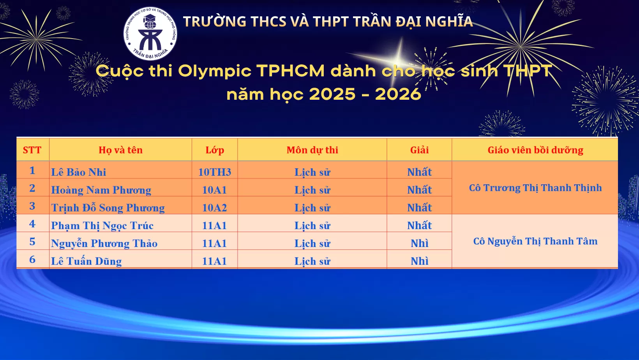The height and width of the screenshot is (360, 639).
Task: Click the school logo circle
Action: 150,34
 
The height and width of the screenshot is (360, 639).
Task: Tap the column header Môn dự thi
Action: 312,150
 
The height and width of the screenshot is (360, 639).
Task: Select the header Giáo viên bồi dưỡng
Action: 535,150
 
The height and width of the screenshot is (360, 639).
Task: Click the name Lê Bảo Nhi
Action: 78,172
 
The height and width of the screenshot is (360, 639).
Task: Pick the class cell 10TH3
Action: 215,172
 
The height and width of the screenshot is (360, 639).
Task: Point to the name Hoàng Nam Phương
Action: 101,190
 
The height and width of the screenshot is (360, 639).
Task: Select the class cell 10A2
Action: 215,208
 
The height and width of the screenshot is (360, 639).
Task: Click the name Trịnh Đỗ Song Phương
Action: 108,208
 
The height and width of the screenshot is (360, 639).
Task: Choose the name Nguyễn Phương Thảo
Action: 104,244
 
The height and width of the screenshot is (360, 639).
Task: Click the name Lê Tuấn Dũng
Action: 86,261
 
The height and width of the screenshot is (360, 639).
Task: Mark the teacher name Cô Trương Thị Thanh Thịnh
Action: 535,188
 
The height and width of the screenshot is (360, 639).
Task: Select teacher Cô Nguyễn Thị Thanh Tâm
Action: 535,241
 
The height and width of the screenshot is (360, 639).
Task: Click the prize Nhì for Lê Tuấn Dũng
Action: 419,261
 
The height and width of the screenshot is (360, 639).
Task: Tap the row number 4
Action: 32,224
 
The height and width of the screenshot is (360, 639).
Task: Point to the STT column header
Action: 32,150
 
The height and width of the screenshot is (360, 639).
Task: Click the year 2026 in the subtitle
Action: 398,94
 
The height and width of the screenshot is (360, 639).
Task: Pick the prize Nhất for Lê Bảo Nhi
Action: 419,172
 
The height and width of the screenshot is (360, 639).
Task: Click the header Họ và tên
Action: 120,150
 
